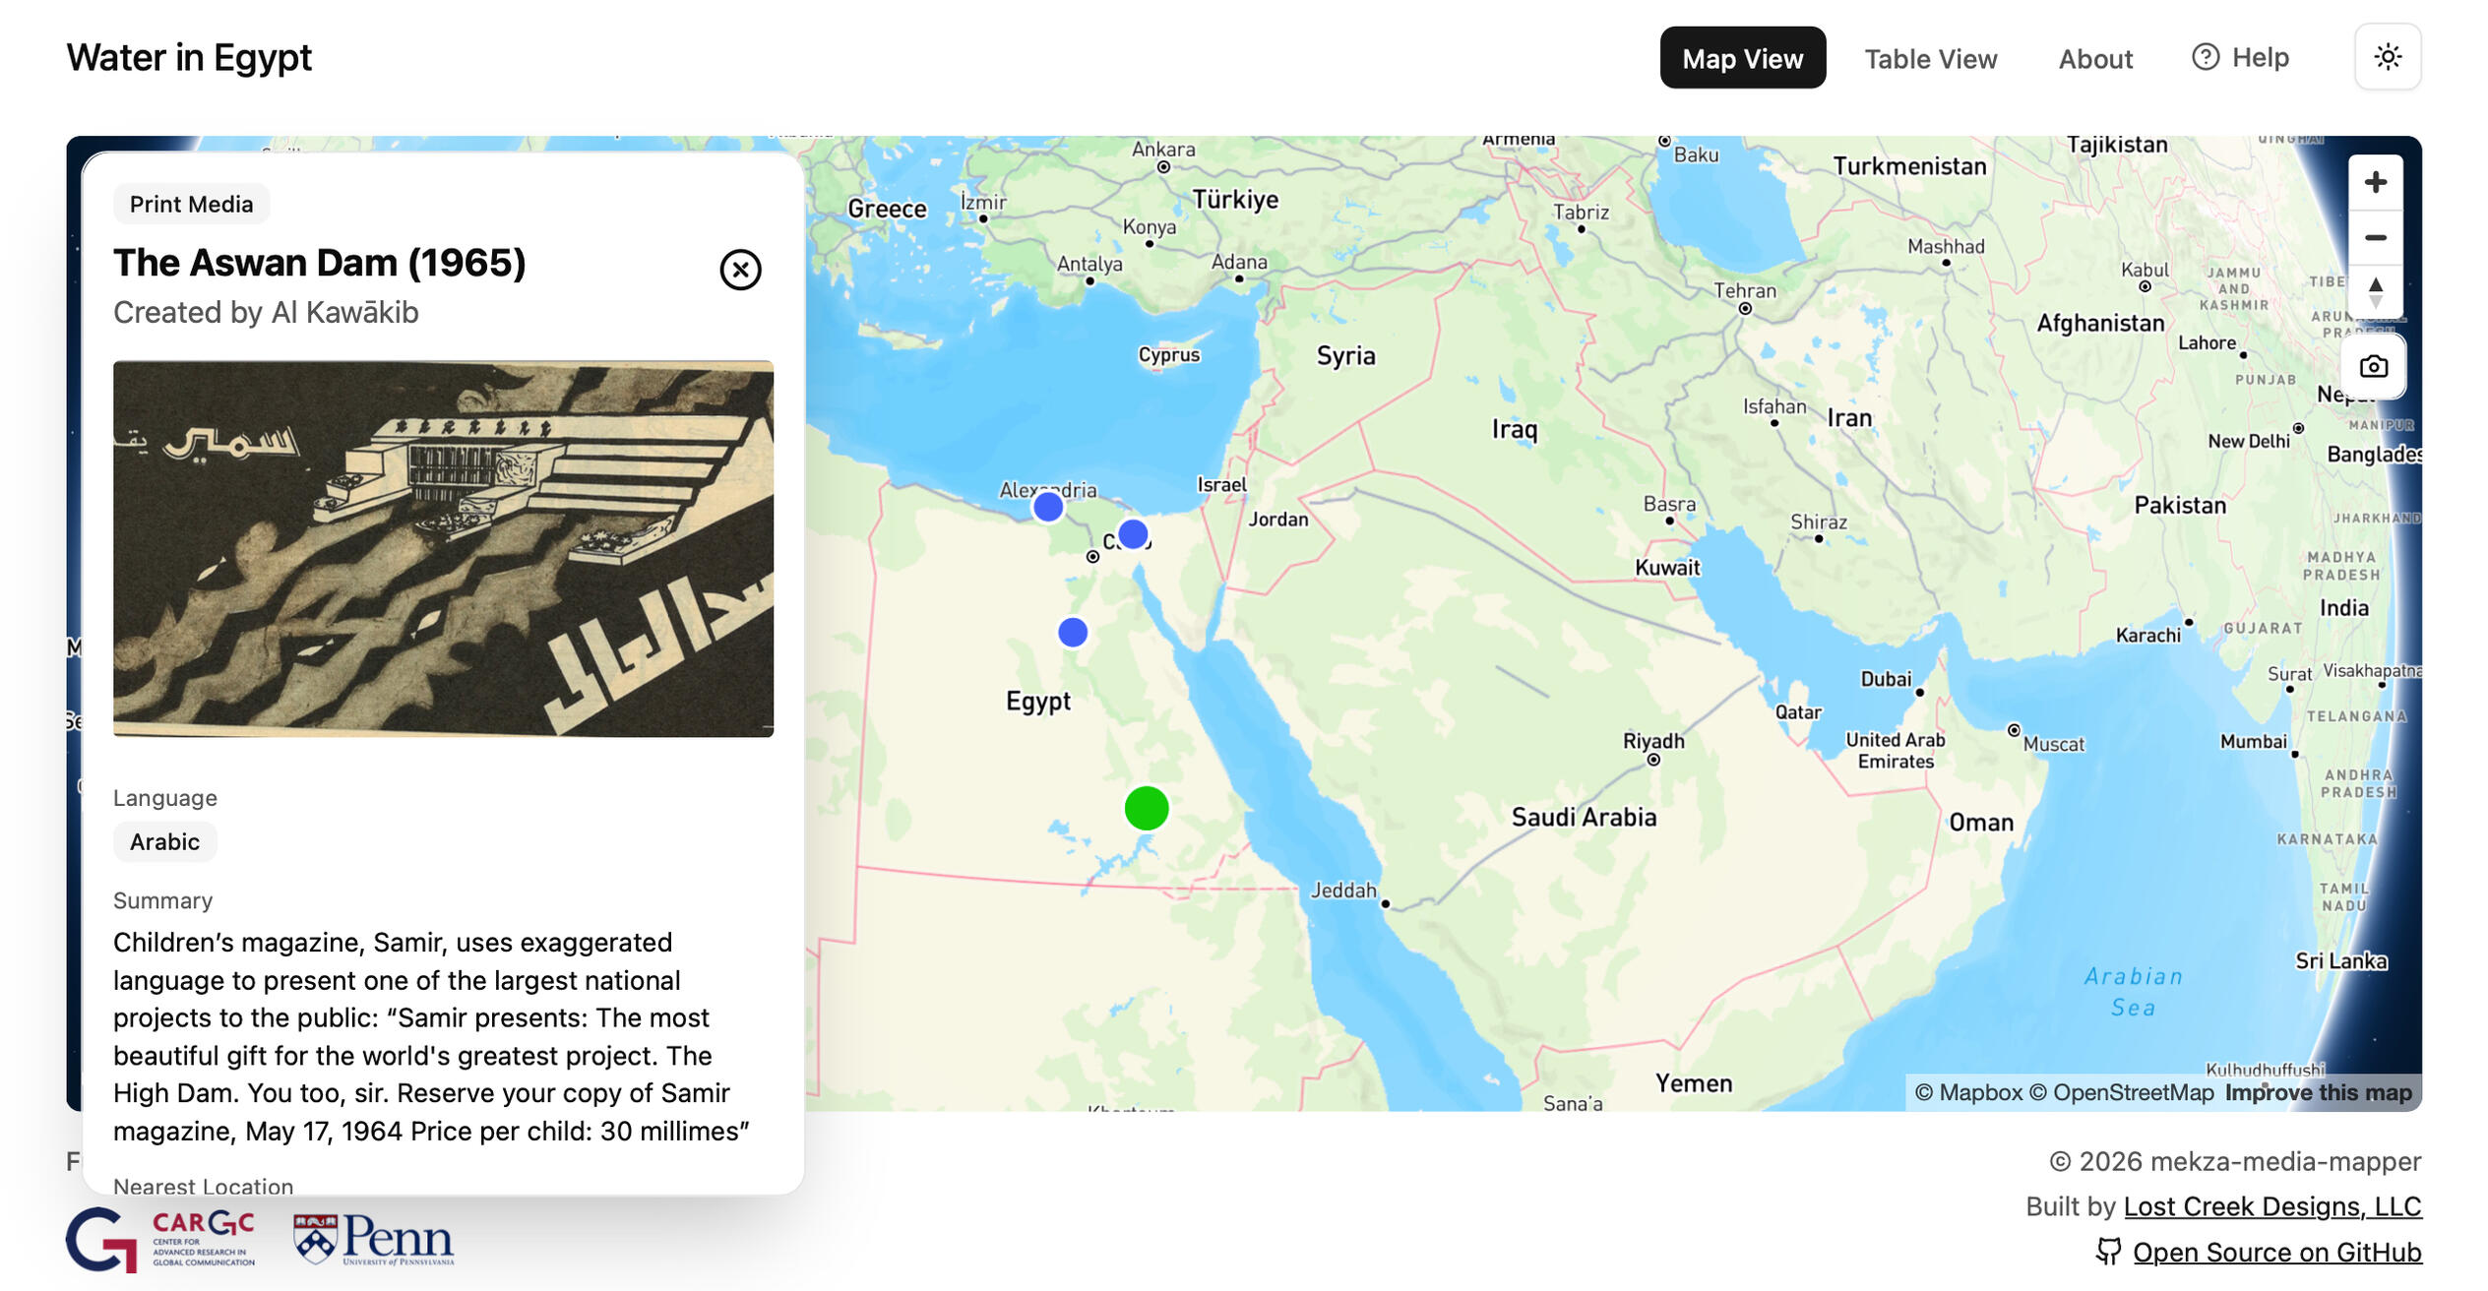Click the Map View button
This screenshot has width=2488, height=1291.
(1741, 58)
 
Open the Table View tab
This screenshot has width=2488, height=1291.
(1929, 59)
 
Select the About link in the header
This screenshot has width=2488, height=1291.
(2094, 59)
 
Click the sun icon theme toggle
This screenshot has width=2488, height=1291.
(2387, 57)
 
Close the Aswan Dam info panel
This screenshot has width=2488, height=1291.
(739, 270)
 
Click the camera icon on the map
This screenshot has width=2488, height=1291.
(2373, 366)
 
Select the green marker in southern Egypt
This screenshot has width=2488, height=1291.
(1146, 808)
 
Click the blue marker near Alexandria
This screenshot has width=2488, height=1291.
(1047, 507)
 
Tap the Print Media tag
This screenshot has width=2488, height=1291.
(191, 204)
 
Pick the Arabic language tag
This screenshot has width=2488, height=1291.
(164, 841)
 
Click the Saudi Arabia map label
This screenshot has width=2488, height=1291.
(1583, 817)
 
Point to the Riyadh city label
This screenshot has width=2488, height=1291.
(1652, 741)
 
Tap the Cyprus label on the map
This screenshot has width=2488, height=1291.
(1168, 354)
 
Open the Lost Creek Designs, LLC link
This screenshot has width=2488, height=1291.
(2271, 1206)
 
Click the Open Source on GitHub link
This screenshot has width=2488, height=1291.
(2275, 1252)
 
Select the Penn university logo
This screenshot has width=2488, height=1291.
(374, 1239)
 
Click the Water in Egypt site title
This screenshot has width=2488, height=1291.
(189, 57)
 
